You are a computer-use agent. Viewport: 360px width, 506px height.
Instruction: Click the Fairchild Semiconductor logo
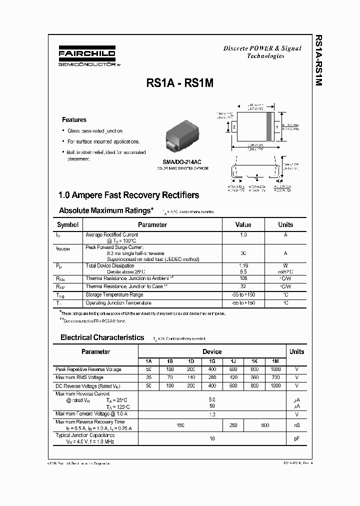coord(86,56)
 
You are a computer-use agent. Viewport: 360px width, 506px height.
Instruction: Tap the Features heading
coord(74,120)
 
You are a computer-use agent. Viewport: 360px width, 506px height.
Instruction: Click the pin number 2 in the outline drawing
coord(233,127)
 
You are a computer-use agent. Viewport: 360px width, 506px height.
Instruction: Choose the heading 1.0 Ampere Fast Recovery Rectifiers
coord(128,195)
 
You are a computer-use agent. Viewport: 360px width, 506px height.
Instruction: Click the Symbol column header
coord(68,225)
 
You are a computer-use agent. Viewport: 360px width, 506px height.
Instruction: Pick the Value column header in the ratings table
coord(243,225)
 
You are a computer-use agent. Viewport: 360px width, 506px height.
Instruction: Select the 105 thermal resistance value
coord(243,277)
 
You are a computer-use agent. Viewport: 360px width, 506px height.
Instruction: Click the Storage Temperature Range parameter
coord(114,295)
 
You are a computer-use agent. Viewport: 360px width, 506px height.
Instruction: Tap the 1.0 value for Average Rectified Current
coord(243,234)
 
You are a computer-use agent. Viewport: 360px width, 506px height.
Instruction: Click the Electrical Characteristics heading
coord(102,337)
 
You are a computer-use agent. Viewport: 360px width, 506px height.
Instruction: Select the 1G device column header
coord(212,361)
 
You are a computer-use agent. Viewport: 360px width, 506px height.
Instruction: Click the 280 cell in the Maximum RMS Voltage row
coord(212,377)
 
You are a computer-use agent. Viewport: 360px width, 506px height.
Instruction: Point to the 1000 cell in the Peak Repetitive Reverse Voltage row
coord(275,369)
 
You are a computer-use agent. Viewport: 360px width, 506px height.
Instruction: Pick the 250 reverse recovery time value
coord(233,425)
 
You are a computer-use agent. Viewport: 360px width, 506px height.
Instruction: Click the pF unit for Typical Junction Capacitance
coord(296,438)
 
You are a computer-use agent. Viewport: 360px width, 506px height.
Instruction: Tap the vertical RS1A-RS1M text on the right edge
coord(318,60)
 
